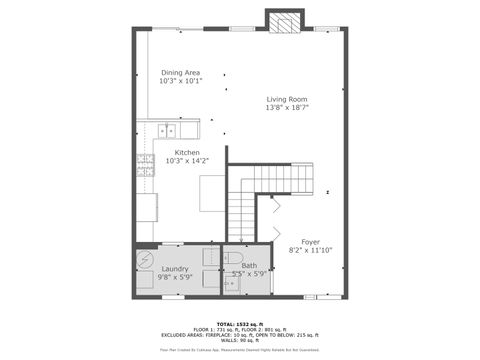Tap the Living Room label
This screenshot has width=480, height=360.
pos(286,99)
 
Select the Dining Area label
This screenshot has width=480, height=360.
pos(180,72)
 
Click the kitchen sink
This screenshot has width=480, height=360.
pos(166,130)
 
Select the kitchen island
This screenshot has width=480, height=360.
pos(212,193)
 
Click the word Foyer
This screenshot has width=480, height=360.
pos(310,240)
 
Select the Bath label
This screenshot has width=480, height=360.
pos(249,265)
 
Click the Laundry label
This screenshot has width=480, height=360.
pos(176,268)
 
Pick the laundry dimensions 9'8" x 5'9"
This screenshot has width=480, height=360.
pos(176,277)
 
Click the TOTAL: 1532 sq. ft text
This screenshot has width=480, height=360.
pos(240,323)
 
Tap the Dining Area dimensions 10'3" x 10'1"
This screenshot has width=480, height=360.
pos(180,81)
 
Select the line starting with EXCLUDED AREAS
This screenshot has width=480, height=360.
pos(240,334)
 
